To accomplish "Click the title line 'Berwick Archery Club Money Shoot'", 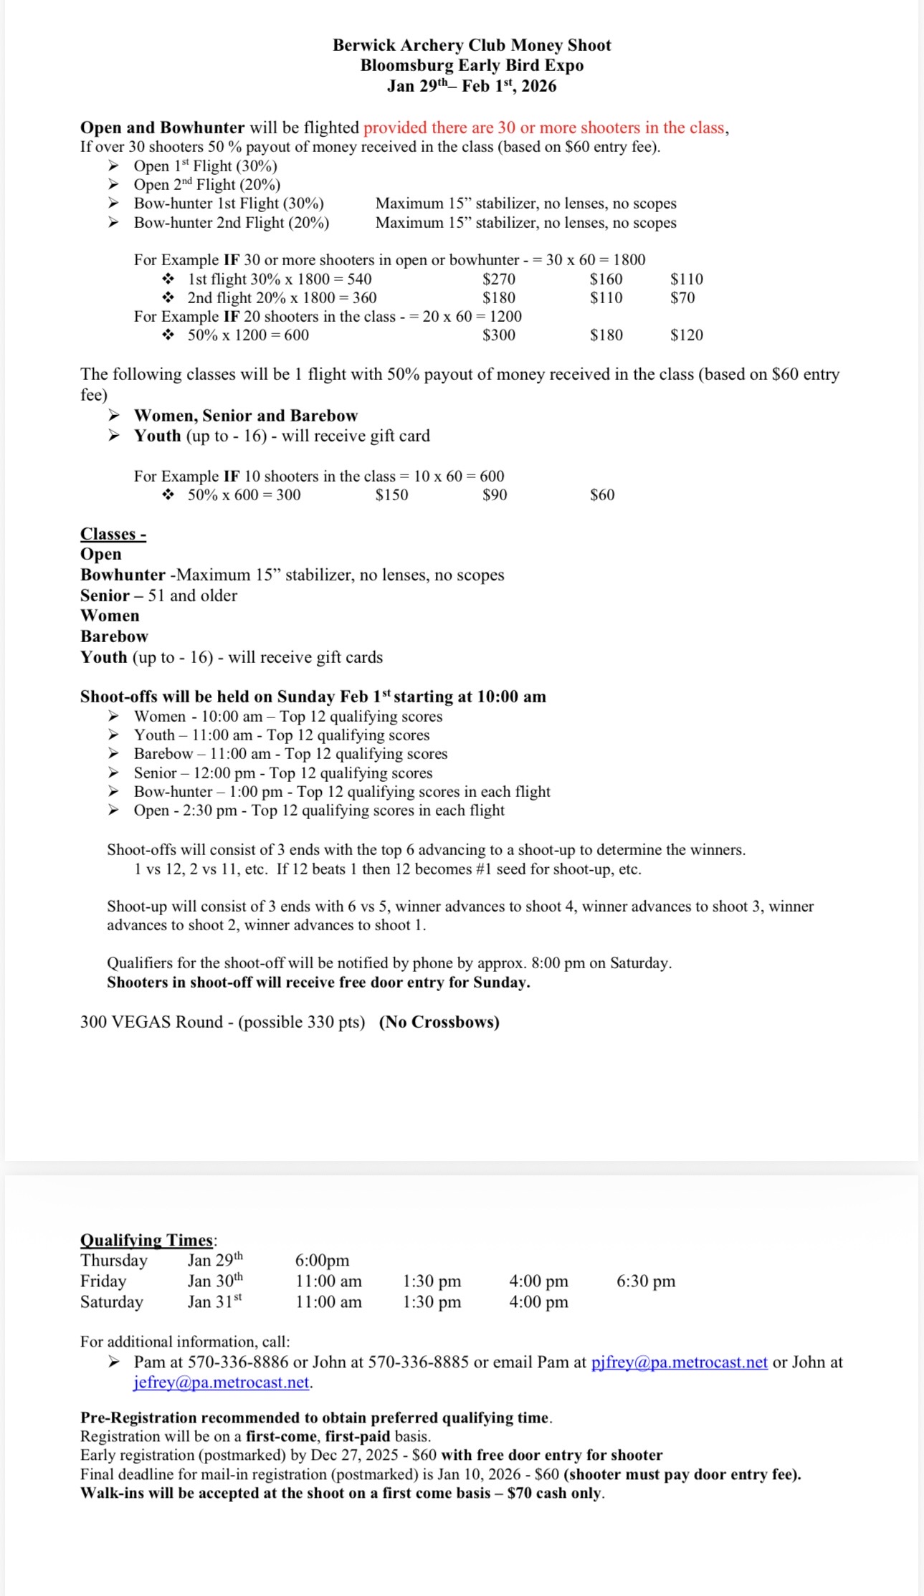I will (x=472, y=45).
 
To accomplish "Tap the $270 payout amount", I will (x=498, y=279).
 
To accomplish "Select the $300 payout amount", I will (x=498, y=335).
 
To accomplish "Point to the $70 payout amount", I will (x=682, y=298).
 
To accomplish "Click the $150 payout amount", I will (x=391, y=495).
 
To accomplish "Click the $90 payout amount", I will (x=495, y=495).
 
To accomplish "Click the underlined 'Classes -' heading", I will (x=113, y=534).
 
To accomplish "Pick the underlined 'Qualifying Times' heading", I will (x=147, y=1241).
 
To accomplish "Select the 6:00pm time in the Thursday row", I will (x=322, y=1261).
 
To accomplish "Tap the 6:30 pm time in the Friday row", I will (x=645, y=1281).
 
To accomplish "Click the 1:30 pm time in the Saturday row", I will (x=432, y=1302).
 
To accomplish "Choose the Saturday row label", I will (x=112, y=1302).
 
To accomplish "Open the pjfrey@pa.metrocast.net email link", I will (x=679, y=1362).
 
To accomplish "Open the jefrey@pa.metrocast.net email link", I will (x=222, y=1382).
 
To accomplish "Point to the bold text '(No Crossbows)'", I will (x=439, y=1022).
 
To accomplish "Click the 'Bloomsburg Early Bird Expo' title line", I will (x=472, y=65).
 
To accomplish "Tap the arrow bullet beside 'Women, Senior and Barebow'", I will (x=114, y=416).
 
